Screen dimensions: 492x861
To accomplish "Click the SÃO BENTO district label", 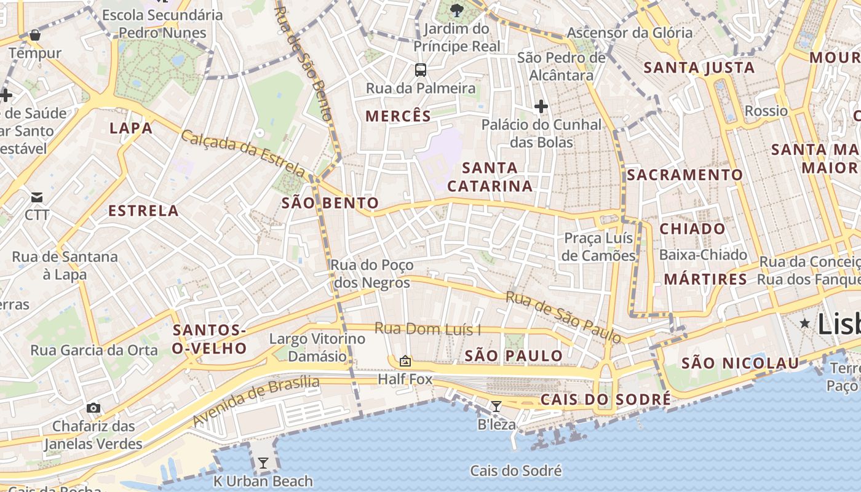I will pos(330,203).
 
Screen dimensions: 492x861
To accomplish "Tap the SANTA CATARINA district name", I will pos(490,177).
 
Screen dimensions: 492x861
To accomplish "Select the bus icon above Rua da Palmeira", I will pos(421,70).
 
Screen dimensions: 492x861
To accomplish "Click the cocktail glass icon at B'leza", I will pos(496,407).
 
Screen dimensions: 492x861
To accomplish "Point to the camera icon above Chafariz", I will pos(93,408).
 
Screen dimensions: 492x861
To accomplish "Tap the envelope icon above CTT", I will pos(37,197).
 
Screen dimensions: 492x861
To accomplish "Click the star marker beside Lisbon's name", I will pos(804,323).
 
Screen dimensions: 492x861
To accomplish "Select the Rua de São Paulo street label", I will pos(563,317).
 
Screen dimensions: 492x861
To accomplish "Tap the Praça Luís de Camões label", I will pos(599,247).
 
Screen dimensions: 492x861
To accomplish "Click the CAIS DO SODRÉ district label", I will pos(605,400).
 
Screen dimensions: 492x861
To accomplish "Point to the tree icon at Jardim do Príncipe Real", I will pos(456,10).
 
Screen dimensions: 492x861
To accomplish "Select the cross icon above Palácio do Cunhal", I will pos(541,106).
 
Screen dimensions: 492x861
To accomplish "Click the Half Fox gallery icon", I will pos(405,362).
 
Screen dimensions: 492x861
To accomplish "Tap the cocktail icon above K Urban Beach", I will pos(263,463).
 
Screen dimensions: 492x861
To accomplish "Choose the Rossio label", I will pos(766,111).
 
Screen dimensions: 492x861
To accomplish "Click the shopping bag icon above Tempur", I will pos(35,35).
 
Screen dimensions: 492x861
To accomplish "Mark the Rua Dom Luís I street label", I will pos(427,329).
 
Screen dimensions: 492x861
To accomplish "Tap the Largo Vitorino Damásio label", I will pos(317,347).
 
